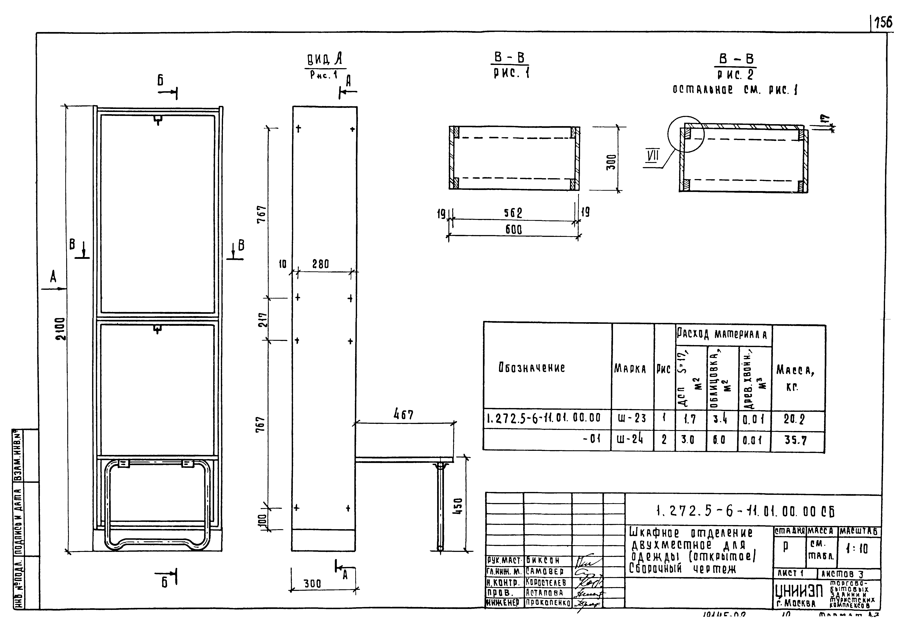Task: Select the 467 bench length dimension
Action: coord(404,415)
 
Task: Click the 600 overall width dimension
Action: coord(513,229)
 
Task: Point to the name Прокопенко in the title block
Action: coord(548,603)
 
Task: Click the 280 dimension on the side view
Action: coord(321,264)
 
